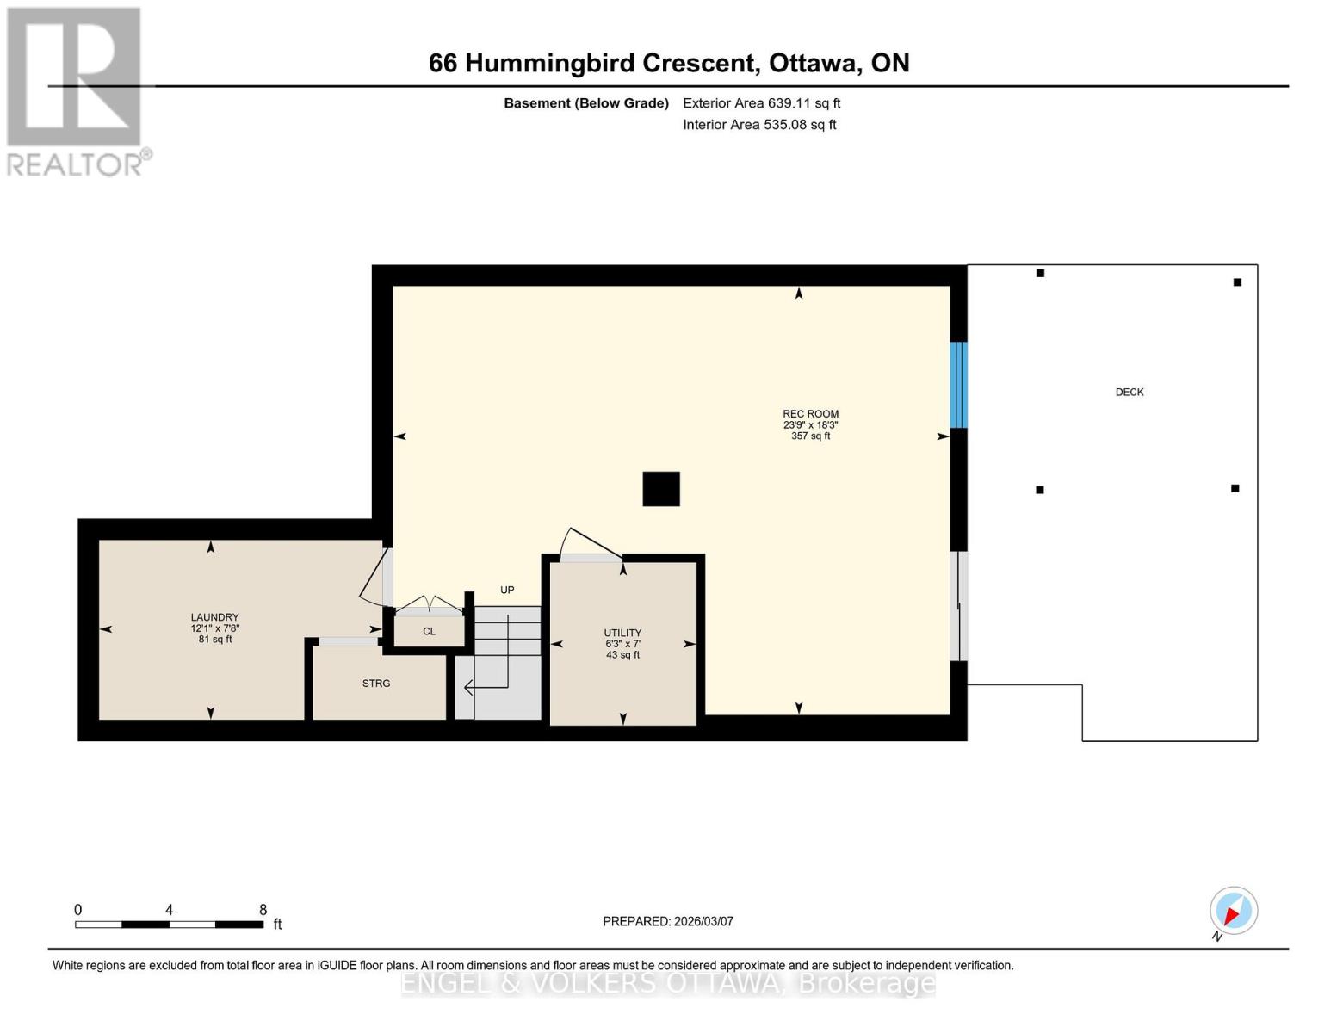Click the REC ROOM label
click(810, 414)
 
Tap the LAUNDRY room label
click(214, 617)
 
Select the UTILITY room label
click(622, 633)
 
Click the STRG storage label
click(376, 684)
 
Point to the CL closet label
click(429, 632)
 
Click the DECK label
click(1130, 393)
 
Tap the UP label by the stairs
click(507, 591)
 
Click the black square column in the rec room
click(661, 489)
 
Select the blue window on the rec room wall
click(958, 385)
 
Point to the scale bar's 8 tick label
click(263, 910)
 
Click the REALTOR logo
click(76, 91)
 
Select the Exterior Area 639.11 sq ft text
click(761, 103)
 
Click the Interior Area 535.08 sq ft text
click(759, 125)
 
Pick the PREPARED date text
click(668, 921)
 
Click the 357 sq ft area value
click(810, 436)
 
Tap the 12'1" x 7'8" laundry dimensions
click(214, 628)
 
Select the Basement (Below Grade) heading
click(585, 103)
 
